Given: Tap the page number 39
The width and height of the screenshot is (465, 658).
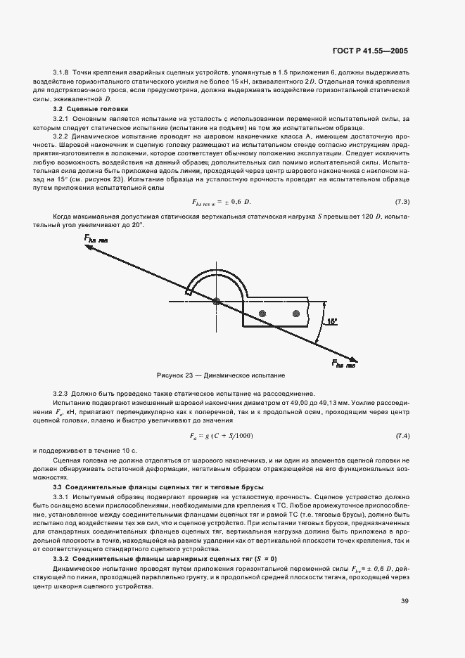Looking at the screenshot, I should [404, 600].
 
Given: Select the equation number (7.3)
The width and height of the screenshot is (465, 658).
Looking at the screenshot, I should [402, 202].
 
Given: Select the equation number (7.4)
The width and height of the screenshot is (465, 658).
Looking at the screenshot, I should [402, 437].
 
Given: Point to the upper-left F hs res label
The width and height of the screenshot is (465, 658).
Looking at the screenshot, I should [97, 240].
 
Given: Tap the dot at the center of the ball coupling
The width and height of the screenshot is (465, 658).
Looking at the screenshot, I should [217, 302].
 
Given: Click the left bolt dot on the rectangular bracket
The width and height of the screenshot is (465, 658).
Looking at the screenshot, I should [262, 313].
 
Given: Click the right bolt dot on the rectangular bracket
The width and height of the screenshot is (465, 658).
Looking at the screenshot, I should [296, 313].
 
